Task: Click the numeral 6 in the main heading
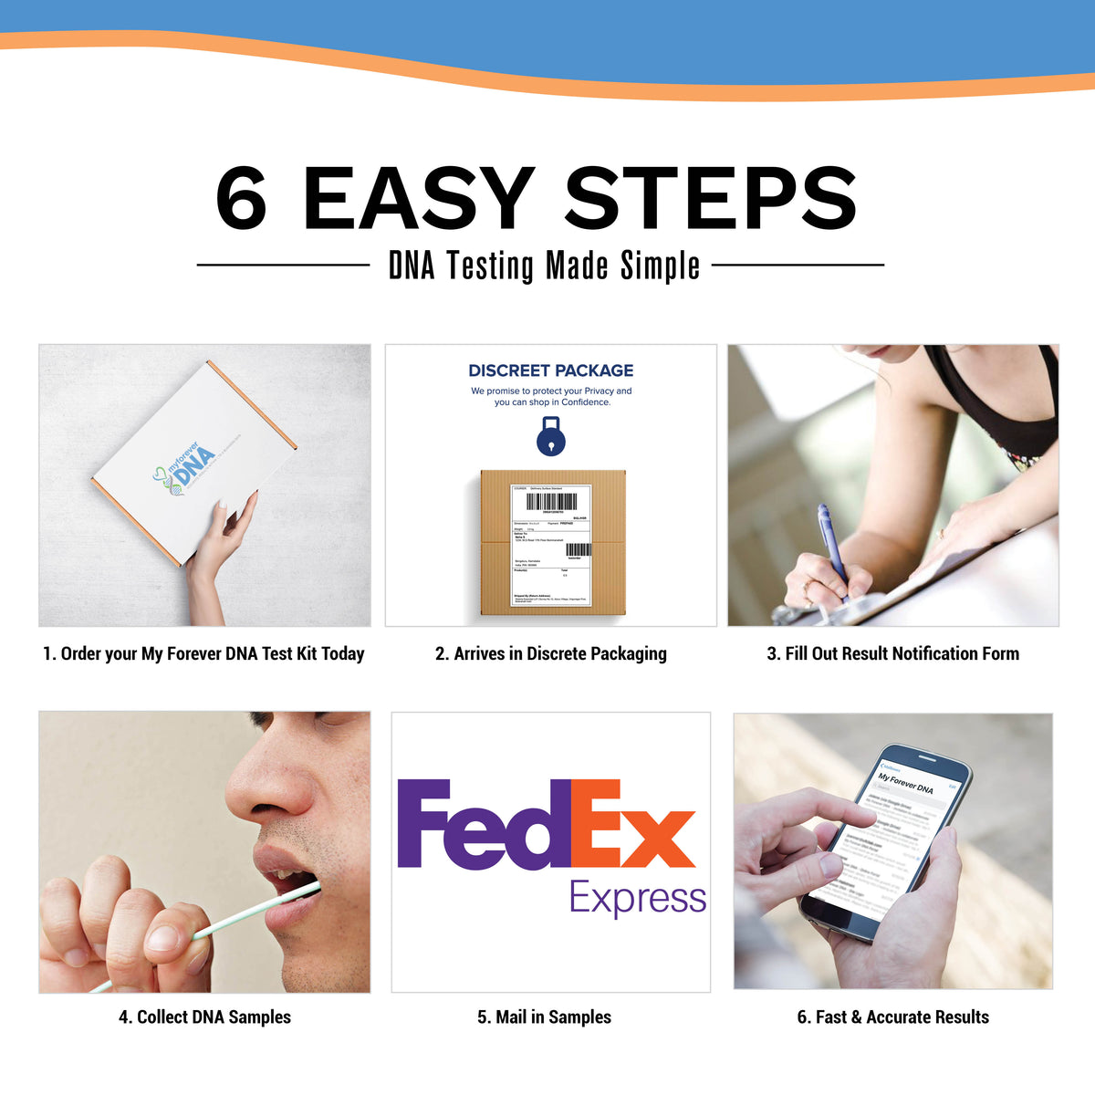[x=241, y=199]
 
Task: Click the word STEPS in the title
[x=711, y=199]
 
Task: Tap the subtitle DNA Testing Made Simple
[x=544, y=266]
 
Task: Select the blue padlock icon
[x=550, y=437]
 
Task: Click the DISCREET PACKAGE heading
[x=550, y=370]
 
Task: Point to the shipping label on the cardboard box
[x=551, y=544]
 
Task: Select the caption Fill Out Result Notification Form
[x=892, y=653]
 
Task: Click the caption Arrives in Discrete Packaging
[x=550, y=653]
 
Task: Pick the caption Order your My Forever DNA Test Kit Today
[x=203, y=653]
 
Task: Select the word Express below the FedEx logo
[x=637, y=898]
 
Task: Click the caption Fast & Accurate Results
[x=892, y=1017]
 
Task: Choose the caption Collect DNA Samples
[x=204, y=1017]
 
